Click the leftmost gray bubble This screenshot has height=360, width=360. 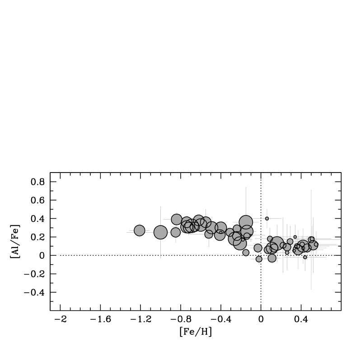click(140, 230)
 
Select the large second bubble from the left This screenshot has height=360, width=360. click(160, 232)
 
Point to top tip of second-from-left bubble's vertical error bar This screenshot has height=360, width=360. click(160, 206)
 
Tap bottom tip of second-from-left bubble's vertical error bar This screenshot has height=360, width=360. click(160, 258)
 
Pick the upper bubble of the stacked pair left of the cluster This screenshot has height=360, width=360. click(177, 220)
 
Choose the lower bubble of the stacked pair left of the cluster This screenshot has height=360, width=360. click(176, 232)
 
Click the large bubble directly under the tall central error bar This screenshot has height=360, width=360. click(246, 222)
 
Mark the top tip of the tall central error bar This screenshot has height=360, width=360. click(246, 187)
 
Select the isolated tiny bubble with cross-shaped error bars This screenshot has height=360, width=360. click(267, 219)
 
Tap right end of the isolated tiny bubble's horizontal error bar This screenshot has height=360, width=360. click(281, 219)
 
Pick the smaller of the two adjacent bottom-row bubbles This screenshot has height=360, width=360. click(259, 259)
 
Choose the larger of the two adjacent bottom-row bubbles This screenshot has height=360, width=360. click(272, 258)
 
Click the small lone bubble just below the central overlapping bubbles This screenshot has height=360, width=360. click(246, 252)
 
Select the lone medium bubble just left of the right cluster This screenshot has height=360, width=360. click(258, 248)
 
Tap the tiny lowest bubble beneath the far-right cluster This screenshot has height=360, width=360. click(305, 257)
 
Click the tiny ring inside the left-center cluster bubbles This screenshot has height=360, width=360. click(221, 232)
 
